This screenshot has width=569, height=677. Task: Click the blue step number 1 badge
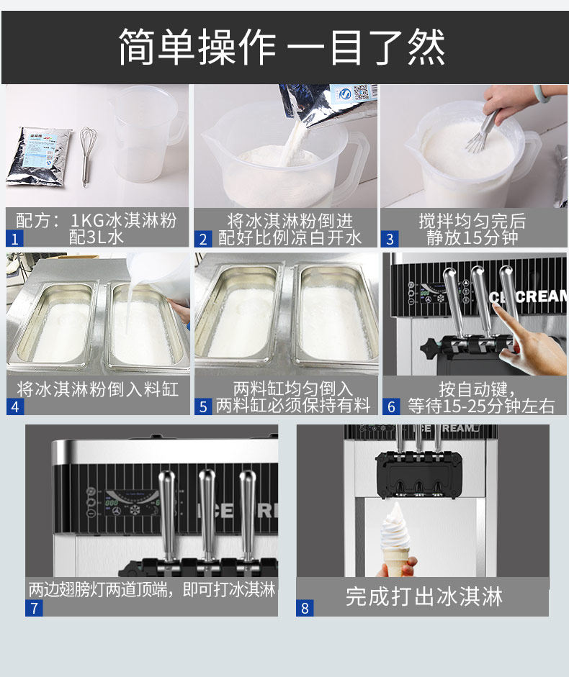[x=14, y=239]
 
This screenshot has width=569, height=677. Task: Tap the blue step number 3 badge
[x=390, y=239]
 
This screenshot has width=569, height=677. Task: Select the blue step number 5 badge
[x=203, y=406]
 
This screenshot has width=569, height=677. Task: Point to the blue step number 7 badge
[x=34, y=609]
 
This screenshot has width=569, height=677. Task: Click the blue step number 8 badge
[x=305, y=609]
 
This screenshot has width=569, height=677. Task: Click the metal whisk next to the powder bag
[x=87, y=156]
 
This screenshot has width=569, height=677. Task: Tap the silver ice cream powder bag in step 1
[x=39, y=157]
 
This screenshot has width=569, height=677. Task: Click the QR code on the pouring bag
[x=361, y=92]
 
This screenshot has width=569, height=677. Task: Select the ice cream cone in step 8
[x=395, y=540]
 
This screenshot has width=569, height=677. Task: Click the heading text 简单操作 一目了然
[x=282, y=47]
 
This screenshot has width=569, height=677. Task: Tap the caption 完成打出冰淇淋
[x=424, y=596]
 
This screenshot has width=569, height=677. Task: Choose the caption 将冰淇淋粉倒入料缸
[x=98, y=389]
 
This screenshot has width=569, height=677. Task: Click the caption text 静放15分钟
[x=472, y=237]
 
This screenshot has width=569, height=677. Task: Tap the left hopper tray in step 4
[x=55, y=324]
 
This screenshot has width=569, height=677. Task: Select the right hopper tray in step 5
[x=336, y=317]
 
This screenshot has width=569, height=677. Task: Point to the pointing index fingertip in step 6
[x=496, y=306]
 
